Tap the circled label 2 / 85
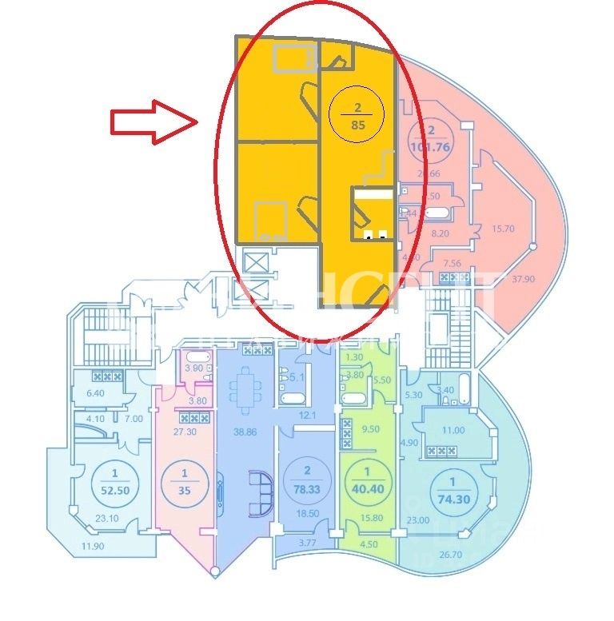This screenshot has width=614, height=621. point(357,115)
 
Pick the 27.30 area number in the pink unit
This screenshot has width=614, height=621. point(185,432)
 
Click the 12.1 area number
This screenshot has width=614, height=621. point(308,416)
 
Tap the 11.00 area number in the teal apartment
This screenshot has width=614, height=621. point(454,430)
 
